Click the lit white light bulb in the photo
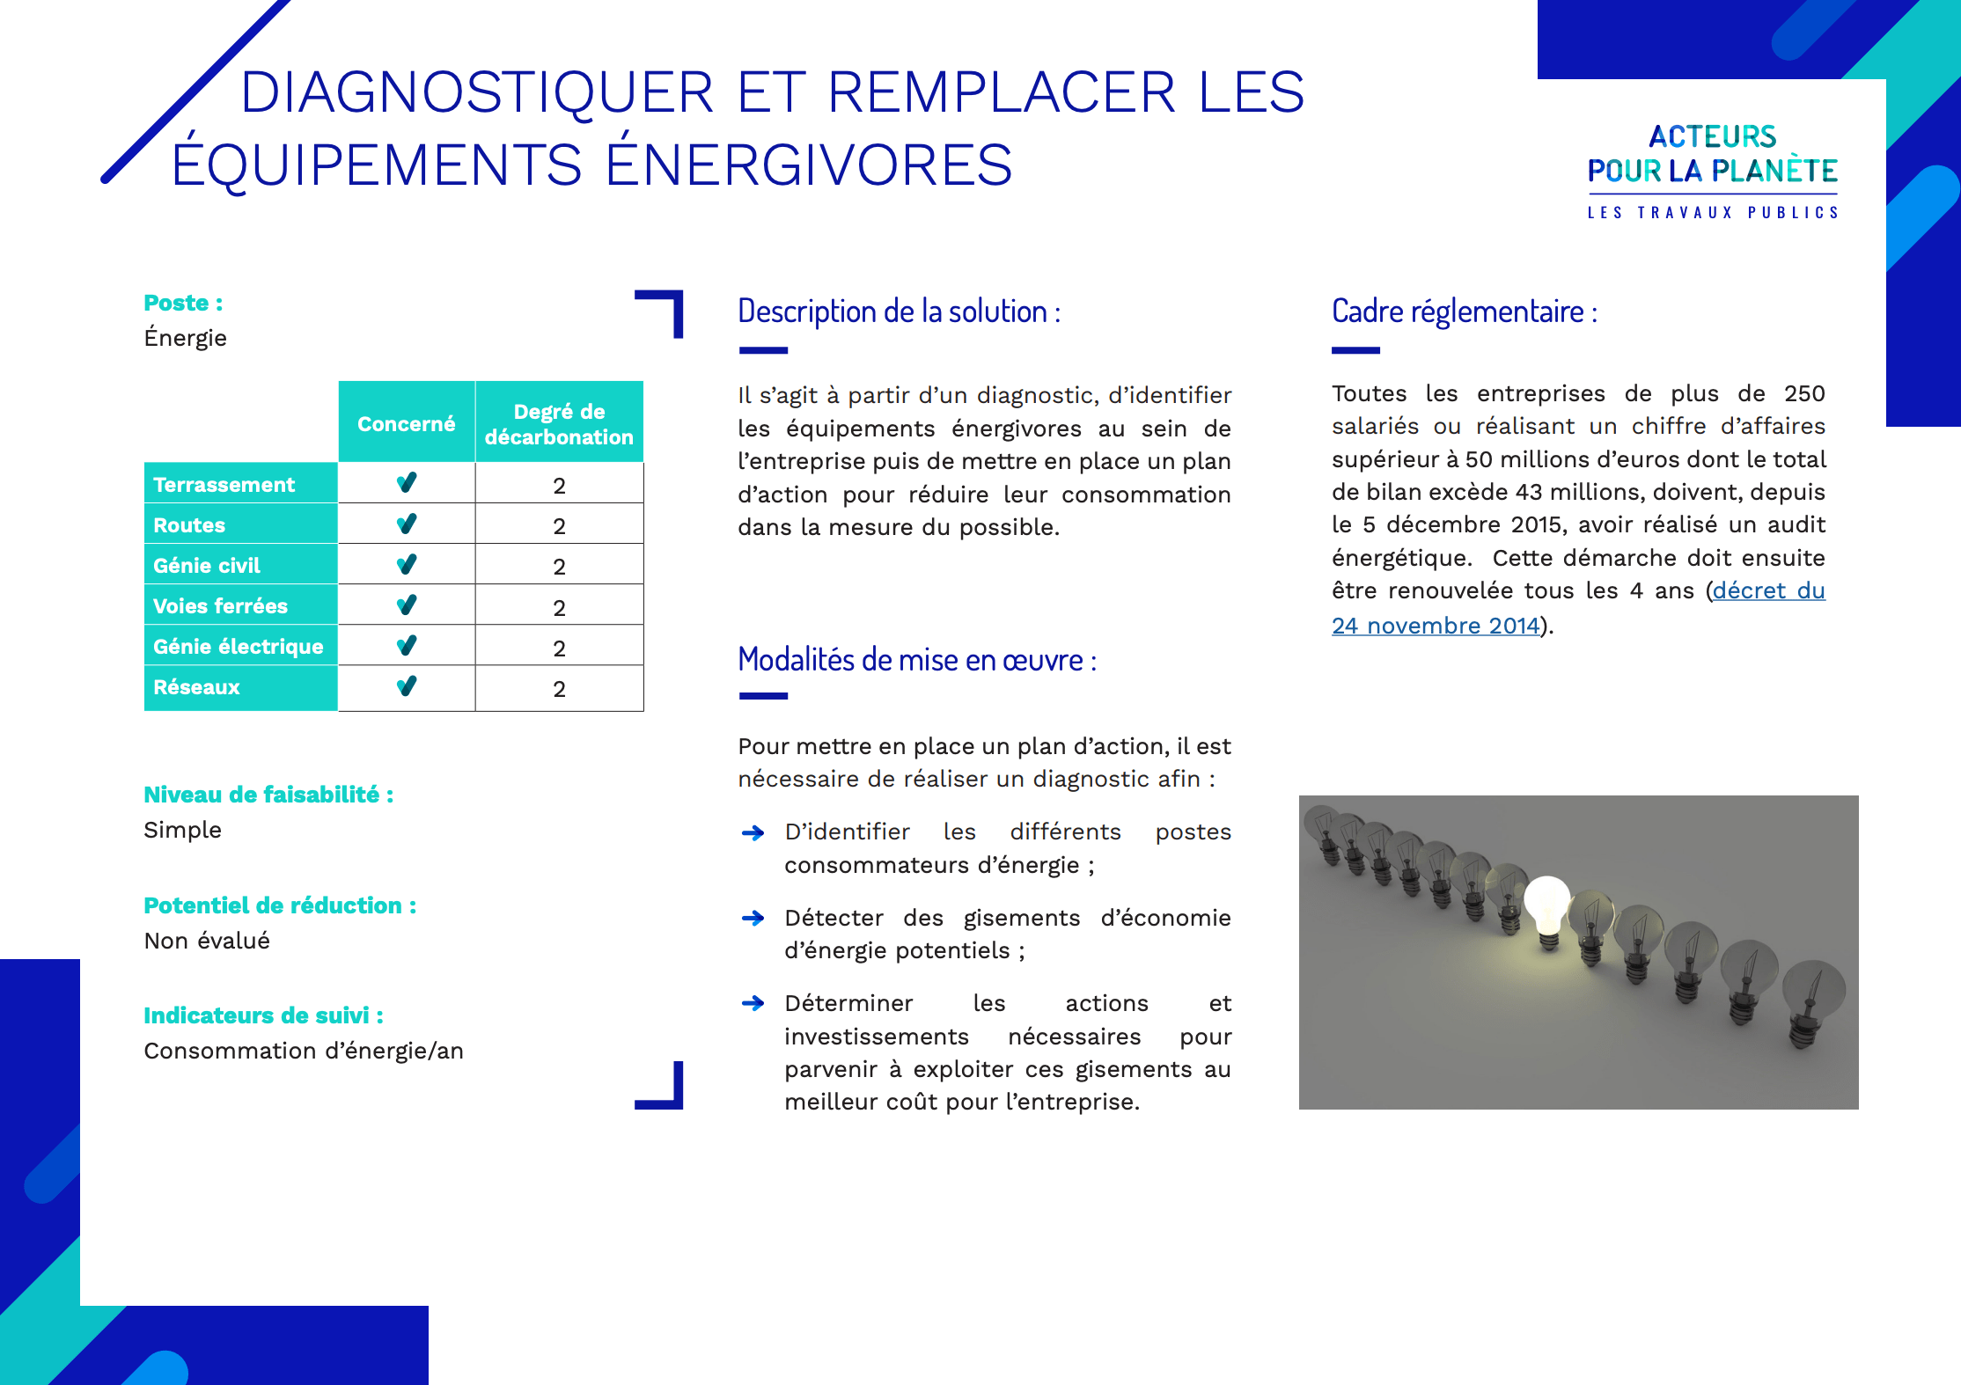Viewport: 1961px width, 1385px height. coord(1546,906)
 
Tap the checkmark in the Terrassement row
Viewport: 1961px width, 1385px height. coord(407,483)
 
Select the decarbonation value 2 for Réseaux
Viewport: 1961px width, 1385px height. coord(559,689)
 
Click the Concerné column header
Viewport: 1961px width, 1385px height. coord(406,423)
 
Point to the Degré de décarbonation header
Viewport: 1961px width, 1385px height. coord(559,423)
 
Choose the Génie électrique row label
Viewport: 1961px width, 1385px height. coord(238,647)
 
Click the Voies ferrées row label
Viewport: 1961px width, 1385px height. coord(220,606)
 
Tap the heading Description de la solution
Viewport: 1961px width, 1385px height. coord(899,311)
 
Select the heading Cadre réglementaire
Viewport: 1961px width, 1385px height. coord(1464,311)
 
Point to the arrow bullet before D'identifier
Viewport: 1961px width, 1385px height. coord(753,832)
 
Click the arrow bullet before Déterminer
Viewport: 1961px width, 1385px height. coord(753,1003)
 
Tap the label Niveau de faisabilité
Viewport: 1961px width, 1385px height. coord(268,795)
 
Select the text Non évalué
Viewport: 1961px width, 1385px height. coord(207,941)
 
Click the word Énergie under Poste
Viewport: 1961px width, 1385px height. coord(185,338)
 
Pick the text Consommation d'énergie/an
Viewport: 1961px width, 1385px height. coord(303,1051)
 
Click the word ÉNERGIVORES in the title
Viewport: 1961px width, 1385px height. coord(809,165)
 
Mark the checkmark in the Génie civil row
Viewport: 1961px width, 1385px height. coord(407,565)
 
